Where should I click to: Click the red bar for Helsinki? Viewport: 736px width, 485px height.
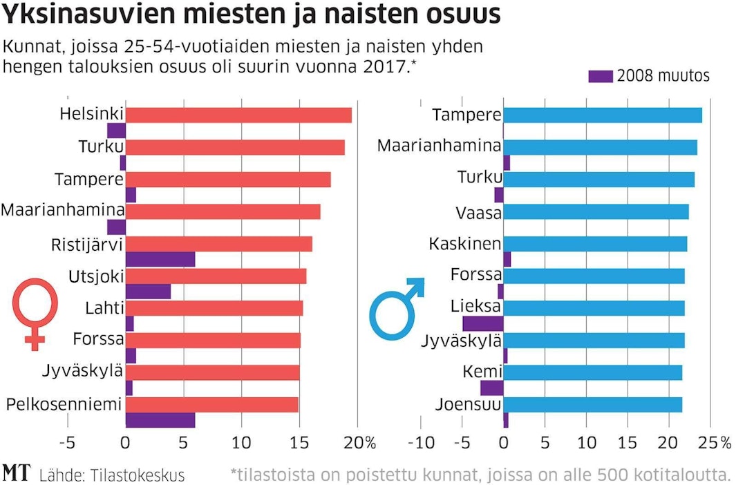[x=238, y=115]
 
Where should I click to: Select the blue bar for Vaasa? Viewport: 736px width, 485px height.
[x=596, y=212]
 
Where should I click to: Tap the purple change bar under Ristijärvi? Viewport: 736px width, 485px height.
[x=160, y=260]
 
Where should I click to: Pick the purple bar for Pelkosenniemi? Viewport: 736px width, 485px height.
[x=160, y=420]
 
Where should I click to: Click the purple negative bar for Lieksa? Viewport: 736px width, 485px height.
[x=482, y=323]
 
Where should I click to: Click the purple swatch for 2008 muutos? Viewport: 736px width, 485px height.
[x=601, y=77]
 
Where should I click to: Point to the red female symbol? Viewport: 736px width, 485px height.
[x=35, y=312]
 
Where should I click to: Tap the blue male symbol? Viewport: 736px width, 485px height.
[x=397, y=308]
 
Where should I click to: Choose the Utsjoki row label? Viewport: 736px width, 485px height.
[x=96, y=276]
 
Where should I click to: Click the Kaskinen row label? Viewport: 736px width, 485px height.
[x=464, y=244]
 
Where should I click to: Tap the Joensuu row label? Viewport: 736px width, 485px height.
[x=468, y=404]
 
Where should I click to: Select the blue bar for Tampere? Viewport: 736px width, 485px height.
[x=602, y=115]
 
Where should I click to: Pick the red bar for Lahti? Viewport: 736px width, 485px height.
[x=214, y=308]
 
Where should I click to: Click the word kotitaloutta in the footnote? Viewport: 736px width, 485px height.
[x=681, y=475]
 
